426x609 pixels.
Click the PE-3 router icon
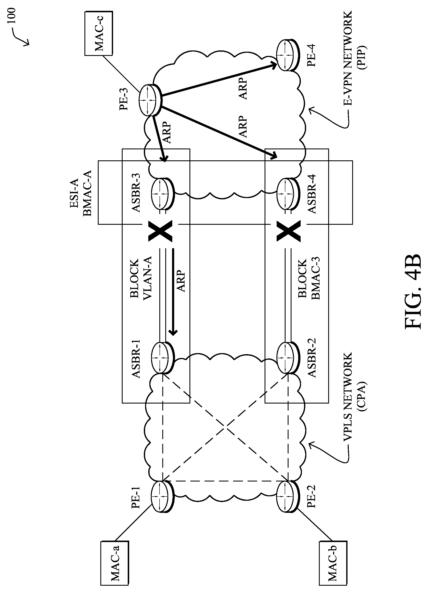tap(150, 100)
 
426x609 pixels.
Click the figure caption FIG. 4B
tap(413, 292)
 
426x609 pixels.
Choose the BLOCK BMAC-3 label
tap(309, 279)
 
